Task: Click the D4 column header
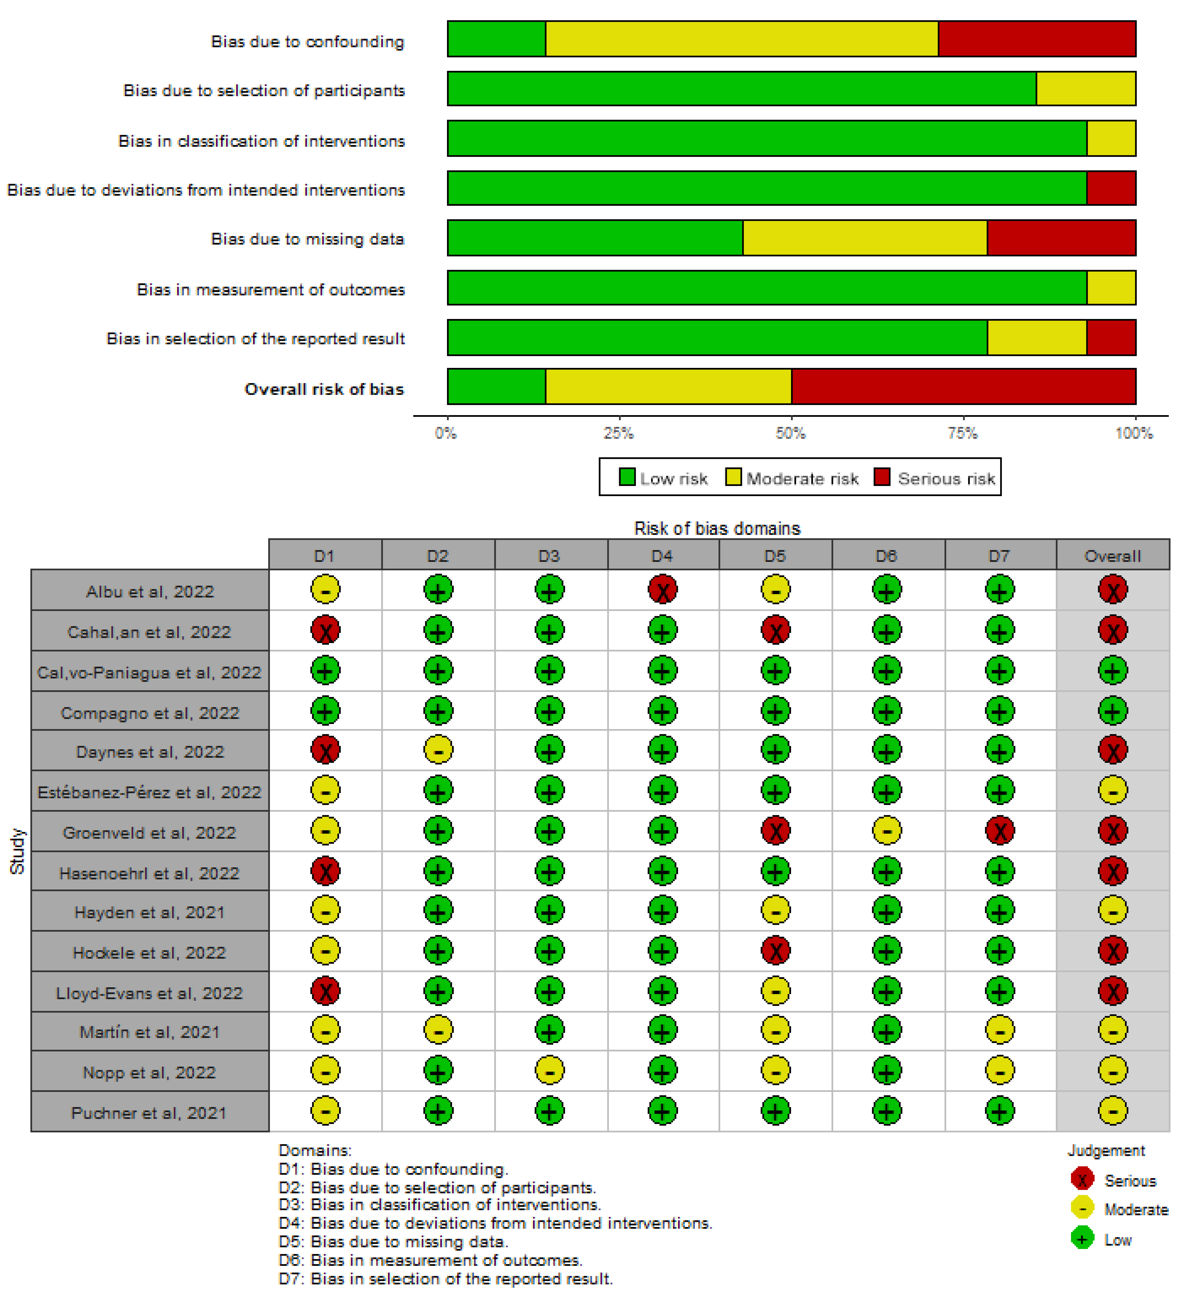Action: coord(662,556)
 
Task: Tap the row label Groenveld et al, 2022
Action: coord(150,832)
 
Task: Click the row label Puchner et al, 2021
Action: coord(150,1113)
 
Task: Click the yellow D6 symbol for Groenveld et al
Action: coord(886,831)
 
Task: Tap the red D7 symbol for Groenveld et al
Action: coord(999,831)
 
